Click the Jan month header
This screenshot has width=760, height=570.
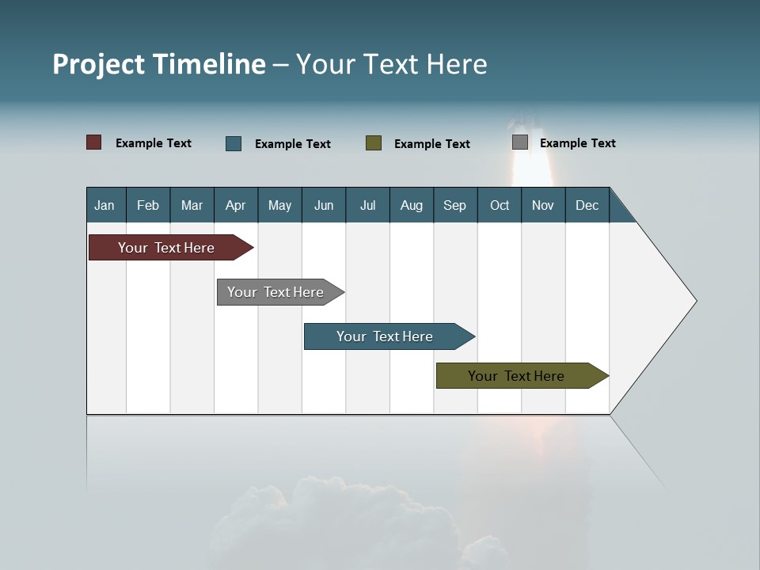click(104, 205)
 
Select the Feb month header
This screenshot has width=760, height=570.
click(148, 205)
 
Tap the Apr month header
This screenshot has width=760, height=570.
click(235, 205)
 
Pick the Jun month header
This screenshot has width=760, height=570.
click(324, 205)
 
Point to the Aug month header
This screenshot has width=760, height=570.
click(411, 205)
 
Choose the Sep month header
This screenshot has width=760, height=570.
click(454, 205)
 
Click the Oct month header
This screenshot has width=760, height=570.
click(500, 205)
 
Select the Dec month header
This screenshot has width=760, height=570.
click(587, 205)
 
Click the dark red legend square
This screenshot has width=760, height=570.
click(94, 142)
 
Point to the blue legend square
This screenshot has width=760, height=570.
click(234, 143)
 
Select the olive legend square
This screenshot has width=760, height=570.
click(374, 142)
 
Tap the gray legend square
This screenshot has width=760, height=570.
click(520, 142)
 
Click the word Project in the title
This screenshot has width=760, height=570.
click(99, 64)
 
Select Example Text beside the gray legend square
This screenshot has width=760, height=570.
click(577, 143)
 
